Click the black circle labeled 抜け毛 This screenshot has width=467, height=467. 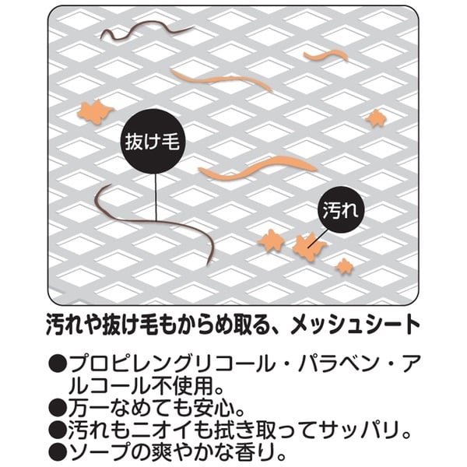coord(153,142)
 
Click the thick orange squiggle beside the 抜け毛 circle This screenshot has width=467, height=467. coord(256,167)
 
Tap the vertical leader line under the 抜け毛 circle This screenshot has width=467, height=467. coord(156,198)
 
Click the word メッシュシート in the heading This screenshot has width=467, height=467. coord(356,324)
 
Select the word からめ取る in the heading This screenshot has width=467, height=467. coord(214,324)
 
